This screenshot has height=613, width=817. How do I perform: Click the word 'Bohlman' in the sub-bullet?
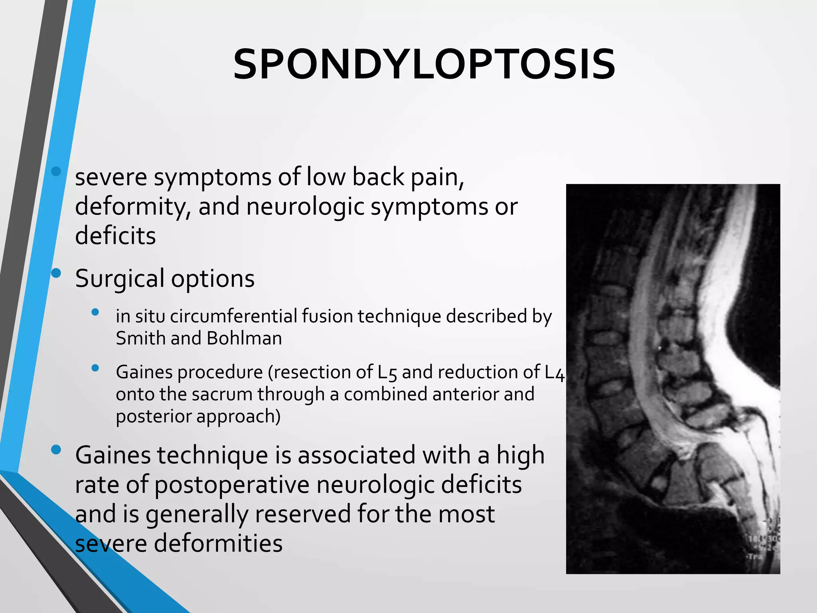coord(244,338)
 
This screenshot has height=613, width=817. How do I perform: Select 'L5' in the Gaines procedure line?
coord(387,372)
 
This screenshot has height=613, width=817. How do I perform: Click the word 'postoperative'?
coord(232,485)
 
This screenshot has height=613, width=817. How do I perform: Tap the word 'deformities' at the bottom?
coord(219,544)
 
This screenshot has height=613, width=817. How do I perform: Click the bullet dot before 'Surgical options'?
coord(56,273)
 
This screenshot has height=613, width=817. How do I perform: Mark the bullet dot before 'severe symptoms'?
coord(56,171)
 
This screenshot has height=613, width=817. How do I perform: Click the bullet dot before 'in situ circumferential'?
coord(95,312)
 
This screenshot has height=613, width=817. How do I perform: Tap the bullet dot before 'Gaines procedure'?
coord(95,368)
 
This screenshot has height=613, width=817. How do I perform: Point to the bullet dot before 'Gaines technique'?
coord(56,450)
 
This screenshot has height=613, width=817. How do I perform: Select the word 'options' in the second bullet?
coord(213,279)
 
